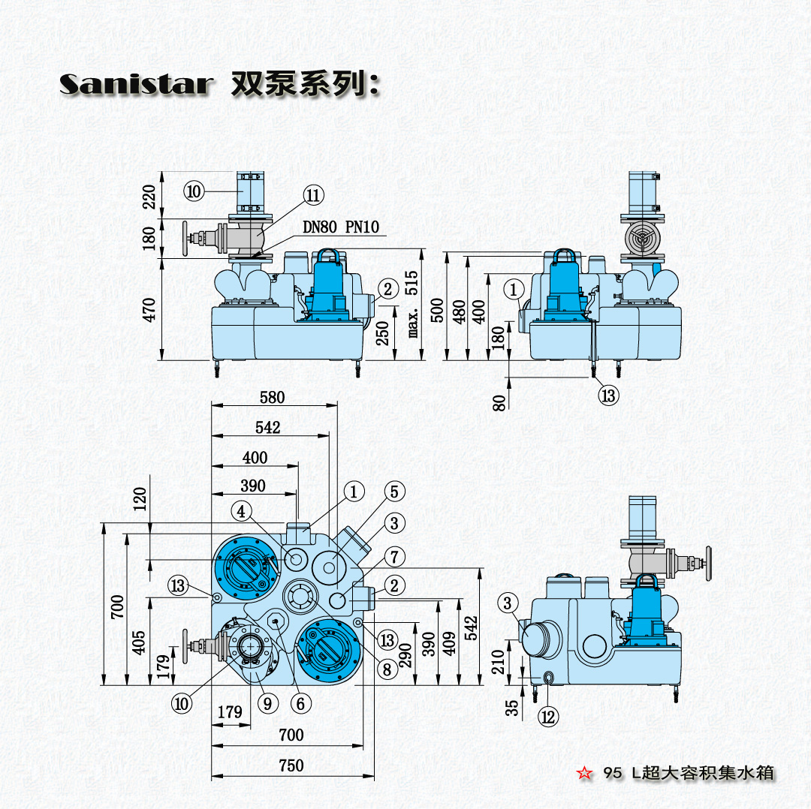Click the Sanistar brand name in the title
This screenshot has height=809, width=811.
(134, 83)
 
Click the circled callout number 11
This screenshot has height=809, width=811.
(313, 196)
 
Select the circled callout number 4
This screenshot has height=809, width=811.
(241, 512)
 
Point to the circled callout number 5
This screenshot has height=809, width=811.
(395, 492)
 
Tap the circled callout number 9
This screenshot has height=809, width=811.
(267, 703)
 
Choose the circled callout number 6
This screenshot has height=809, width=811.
(300, 703)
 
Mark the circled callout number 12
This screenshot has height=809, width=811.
(549, 717)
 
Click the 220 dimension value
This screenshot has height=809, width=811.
(149, 197)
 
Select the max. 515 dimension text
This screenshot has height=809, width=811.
(412, 304)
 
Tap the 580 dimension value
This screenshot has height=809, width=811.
(272, 397)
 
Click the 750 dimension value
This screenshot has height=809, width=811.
(291, 765)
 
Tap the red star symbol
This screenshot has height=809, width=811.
(582, 772)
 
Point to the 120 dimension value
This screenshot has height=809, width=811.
(140, 498)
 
